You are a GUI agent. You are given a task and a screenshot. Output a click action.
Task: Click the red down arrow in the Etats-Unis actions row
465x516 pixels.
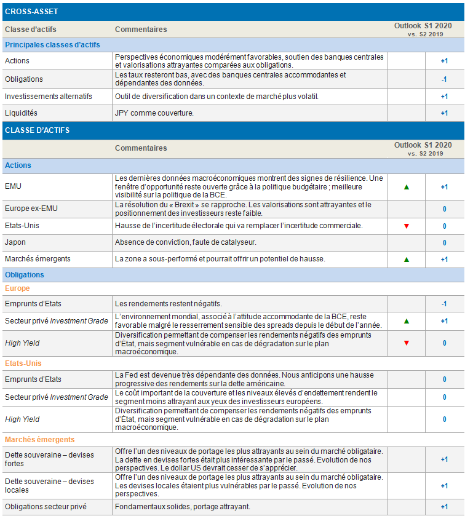(x=406, y=226)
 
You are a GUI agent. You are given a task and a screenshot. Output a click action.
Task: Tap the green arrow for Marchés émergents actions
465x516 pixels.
(x=406, y=260)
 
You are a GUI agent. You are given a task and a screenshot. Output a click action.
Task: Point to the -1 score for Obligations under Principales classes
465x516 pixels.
(x=444, y=79)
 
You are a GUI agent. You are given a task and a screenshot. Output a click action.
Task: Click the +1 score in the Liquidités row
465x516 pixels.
(x=444, y=113)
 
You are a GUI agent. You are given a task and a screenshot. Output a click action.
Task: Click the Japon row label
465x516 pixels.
(x=15, y=242)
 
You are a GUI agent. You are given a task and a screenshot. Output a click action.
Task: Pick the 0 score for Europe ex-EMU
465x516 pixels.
(x=444, y=209)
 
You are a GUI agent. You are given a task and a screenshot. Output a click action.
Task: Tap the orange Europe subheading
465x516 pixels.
(x=17, y=288)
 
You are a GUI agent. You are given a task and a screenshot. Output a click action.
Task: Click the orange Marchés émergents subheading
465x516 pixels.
(x=39, y=440)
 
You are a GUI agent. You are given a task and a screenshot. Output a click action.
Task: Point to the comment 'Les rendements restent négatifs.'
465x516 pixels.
(x=169, y=303)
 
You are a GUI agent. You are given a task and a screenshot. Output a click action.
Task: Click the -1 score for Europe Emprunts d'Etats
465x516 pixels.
(x=444, y=304)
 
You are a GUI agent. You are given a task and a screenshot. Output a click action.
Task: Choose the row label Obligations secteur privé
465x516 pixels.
(x=46, y=507)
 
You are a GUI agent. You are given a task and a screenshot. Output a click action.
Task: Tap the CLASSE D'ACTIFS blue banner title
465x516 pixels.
(x=37, y=130)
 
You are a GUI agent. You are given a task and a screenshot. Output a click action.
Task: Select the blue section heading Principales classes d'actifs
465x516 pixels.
(x=52, y=45)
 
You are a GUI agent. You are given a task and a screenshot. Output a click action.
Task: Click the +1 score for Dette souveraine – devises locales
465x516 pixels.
(x=444, y=486)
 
